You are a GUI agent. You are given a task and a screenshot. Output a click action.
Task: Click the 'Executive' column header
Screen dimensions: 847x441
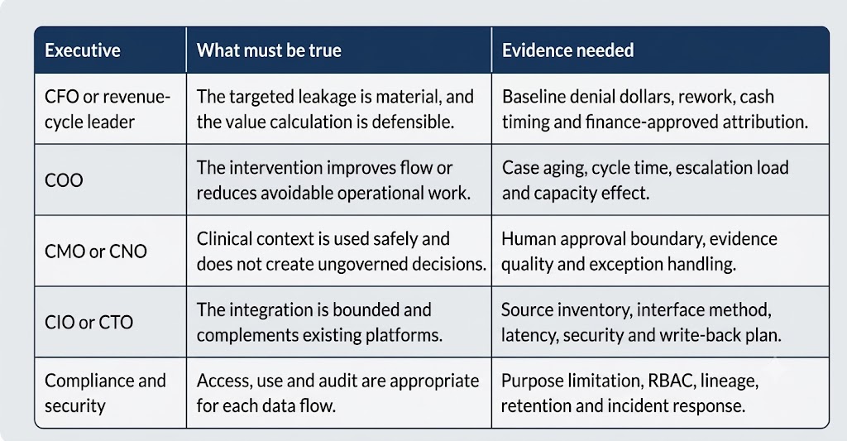tap(83, 50)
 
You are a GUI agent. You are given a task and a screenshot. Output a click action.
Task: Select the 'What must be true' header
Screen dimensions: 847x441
tap(269, 50)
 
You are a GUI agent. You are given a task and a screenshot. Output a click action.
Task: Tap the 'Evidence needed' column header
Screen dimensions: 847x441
tap(567, 50)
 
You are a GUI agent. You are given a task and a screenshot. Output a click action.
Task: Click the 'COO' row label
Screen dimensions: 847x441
tap(64, 180)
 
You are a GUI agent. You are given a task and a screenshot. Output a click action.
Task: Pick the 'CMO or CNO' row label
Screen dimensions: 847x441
tap(96, 252)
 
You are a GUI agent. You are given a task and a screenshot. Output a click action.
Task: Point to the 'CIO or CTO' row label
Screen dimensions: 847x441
tap(89, 322)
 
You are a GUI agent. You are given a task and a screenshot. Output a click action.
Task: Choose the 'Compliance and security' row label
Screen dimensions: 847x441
tap(105, 393)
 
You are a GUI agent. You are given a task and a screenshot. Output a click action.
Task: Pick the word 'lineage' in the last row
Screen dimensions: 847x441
tap(730, 381)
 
